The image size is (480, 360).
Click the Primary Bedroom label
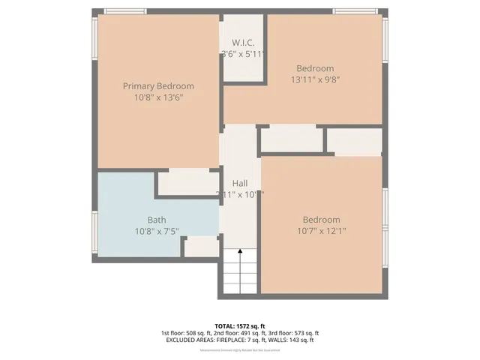point(158,86)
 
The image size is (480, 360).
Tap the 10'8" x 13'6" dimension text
point(158,97)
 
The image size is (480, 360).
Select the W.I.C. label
point(244,43)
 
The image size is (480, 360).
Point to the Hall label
point(240,183)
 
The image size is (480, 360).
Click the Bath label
point(157,220)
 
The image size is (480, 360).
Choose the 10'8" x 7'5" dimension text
point(157,231)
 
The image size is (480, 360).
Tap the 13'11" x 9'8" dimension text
point(315,79)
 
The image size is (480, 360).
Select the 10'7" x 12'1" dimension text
point(321,231)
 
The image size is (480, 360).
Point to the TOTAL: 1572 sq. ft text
point(240,325)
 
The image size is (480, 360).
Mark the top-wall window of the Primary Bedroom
point(125,11)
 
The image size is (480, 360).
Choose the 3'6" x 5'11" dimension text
point(244,54)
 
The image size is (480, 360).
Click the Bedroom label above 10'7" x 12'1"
point(321,220)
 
